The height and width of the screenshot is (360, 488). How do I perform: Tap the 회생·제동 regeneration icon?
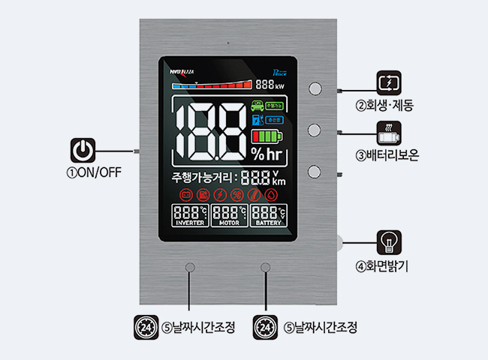tap(388, 81)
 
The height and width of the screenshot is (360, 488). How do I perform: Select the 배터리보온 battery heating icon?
tap(388, 132)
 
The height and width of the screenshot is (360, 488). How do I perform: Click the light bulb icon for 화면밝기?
tap(388, 242)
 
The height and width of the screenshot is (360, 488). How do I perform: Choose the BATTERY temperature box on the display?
tap(268, 216)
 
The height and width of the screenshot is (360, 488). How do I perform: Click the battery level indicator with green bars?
tap(268, 136)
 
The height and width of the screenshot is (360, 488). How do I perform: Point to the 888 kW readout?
tap(270, 85)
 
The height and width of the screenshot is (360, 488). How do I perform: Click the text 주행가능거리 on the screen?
tap(203, 178)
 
